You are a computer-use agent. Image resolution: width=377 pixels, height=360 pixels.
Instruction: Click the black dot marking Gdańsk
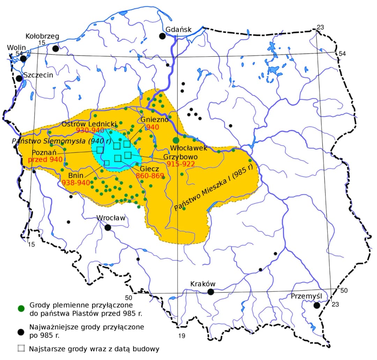(x=162, y=36)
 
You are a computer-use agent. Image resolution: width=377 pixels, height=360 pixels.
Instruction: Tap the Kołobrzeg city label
(x=43, y=36)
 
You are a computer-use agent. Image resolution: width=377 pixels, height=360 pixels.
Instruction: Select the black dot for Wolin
(x=23, y=58)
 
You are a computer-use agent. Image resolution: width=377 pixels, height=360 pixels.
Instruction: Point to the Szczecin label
(x=38, y=75)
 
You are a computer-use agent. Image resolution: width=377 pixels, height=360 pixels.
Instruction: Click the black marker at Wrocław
(x=108, y=227)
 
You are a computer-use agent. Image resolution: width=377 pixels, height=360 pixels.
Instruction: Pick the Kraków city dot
(x=210, y=292)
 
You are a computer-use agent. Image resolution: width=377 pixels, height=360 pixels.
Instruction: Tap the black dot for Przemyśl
(x=317, y=305)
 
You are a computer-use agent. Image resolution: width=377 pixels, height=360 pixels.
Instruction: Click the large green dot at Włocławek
(x=176, y=140)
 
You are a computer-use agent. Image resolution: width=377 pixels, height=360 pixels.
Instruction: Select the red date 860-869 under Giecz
(x=150, y=175)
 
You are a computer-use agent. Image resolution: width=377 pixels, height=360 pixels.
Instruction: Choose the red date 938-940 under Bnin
(x=76, y=182)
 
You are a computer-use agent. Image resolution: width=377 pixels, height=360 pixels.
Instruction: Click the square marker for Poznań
(x=100, y=150)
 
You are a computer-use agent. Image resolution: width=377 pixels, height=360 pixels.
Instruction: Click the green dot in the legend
(x=21, y=308)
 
